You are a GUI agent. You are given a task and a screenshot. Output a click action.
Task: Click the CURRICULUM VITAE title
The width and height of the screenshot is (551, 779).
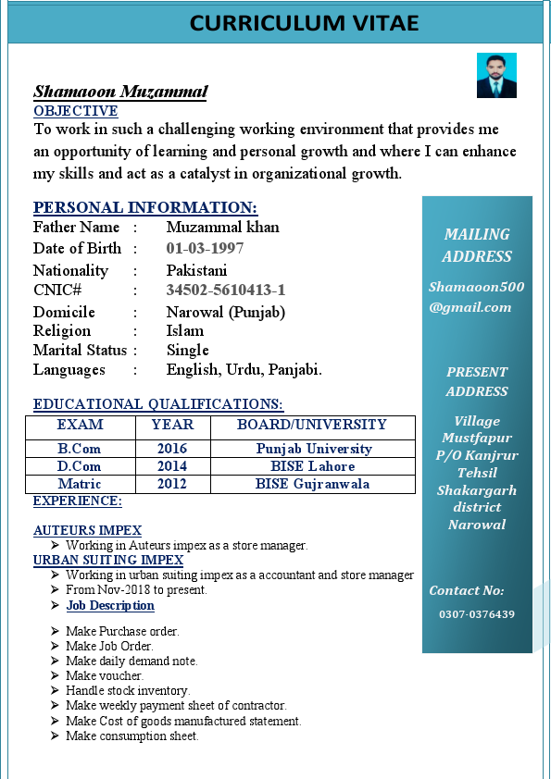pyautogui.click(x=304, y=23)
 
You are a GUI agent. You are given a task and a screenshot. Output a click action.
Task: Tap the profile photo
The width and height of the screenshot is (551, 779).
pyautogui.click(x=496, y=76)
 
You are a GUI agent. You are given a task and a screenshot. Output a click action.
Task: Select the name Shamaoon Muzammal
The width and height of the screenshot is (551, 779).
pyautogui.click(x=120, y=92)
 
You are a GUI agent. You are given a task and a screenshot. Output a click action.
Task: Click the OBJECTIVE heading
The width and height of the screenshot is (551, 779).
pyautogui.click(x=75, y=111)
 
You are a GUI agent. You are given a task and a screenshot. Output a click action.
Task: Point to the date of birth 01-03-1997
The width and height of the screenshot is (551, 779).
pyautogui.click(x=205, y=248)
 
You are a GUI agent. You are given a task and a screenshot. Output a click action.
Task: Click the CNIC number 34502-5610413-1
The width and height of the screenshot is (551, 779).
pyautogui.click(x=225, y=290)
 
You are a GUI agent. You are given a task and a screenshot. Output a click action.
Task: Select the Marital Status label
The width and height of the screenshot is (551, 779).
pyautogui.click(x=80, y=350)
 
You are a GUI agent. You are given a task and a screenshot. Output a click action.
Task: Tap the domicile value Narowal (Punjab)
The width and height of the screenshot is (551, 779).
pyautogui.click(x=225, y=312)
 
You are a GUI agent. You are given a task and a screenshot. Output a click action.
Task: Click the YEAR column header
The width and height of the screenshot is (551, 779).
pyautogui.click(x=172, y=425)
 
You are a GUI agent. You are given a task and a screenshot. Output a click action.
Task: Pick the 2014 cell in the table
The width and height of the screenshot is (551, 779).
pyautogui.click(x=172, y=466)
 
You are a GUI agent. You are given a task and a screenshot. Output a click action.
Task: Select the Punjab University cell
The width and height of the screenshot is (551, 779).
pyautogui.click(x=314, y=449)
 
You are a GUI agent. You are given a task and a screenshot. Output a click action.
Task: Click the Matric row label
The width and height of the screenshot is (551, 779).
pyautogui.click(x=80, y=484)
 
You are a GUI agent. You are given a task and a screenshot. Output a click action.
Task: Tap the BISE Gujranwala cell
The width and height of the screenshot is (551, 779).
pyautogui.click(x=313, y=484)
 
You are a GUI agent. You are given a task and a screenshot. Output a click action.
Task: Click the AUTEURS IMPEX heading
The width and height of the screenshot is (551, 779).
pyautogui.click(x=87, y=530)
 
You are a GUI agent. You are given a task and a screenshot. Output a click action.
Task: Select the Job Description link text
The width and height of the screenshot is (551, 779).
pyautogui.click(x=110, y=606)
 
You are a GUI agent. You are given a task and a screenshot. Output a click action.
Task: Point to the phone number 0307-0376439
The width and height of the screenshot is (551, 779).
pyautogui.click(x=477, y=614)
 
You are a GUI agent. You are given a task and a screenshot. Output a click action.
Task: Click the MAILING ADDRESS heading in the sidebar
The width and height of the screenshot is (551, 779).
pyautogui.click(x=477, y=245)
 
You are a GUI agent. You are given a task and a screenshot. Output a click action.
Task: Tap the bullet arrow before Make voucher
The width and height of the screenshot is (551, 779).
pyautogui.click(x=56, y=676)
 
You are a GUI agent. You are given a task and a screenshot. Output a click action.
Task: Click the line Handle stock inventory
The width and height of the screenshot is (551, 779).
pyautogui.click(x=127, y=691)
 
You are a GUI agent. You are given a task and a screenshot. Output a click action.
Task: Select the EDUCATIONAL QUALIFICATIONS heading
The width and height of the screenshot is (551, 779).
pyautogui.click(x=157, y=404)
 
